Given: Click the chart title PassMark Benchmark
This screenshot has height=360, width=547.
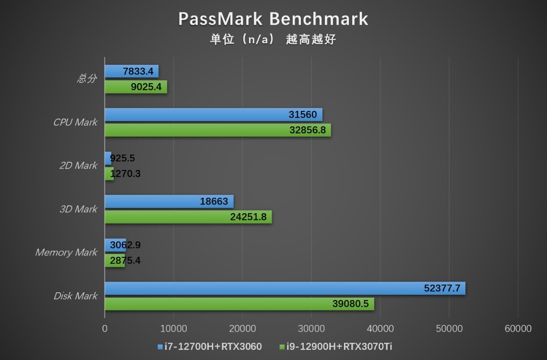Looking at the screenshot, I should [x=273, y=19].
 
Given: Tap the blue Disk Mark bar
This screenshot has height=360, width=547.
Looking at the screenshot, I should [x=285, y=288].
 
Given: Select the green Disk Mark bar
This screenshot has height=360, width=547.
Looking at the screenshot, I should [x=239, y=304].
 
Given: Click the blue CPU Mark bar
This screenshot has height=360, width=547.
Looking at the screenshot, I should [x=213, y=115].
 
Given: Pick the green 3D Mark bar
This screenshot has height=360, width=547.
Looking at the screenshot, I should [x=188, y=217].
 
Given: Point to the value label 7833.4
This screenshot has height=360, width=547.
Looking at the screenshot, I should [x=138, y=72].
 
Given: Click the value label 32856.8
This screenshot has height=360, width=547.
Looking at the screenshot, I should [x=308, y=131].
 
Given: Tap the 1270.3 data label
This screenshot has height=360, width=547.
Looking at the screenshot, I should [x=125, y=174].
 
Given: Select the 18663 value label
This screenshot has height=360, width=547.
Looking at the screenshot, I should [x=214, y=202].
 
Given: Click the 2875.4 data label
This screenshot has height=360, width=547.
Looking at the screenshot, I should [x=125, y=261].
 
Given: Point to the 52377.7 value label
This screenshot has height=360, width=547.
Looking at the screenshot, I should [x=442, y=288].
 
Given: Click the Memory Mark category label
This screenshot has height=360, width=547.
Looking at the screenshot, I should [x=66, y=252].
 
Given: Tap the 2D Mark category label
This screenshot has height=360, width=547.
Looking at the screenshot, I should [x=78, y=166].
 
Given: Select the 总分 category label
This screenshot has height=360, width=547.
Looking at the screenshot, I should [x=87, y=79].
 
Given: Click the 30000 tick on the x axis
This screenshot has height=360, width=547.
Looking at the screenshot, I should [x=311, y=329].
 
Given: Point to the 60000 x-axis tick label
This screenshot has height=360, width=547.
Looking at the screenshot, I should [x=518, y=329].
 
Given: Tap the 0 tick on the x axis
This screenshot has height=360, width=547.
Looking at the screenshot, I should [x=105, y=329].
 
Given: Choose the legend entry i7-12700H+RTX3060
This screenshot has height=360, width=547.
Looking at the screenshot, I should [x=209, y=346].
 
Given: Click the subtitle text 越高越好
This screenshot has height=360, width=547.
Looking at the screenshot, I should [x=311, y=39].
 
